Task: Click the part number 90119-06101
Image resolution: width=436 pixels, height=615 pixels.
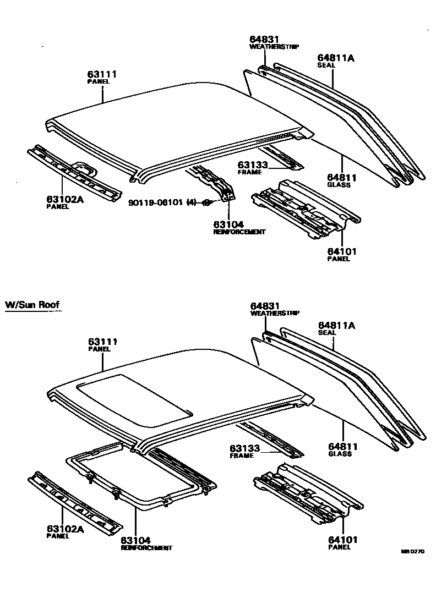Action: click(156, 202)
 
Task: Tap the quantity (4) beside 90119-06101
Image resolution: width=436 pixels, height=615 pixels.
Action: click(192, 202)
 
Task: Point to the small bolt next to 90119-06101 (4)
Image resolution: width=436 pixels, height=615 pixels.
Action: click(206, 203)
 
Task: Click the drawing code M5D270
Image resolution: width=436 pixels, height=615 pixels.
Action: click(412, 551)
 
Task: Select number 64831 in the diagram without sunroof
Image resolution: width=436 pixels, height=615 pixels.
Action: click(264, 40)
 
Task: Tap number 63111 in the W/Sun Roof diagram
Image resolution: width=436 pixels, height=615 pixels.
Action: click(102, 342)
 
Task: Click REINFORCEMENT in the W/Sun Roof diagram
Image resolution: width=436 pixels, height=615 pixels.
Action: click(146, 548)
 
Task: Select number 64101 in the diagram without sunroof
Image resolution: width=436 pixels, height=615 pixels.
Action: click(342, 251)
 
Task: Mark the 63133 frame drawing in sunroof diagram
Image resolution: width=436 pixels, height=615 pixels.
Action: click(270, 438)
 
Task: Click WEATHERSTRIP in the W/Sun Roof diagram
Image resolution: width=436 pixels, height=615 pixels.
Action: click(275, 313)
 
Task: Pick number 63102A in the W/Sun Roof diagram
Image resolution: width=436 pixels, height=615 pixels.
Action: click(64, 529)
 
